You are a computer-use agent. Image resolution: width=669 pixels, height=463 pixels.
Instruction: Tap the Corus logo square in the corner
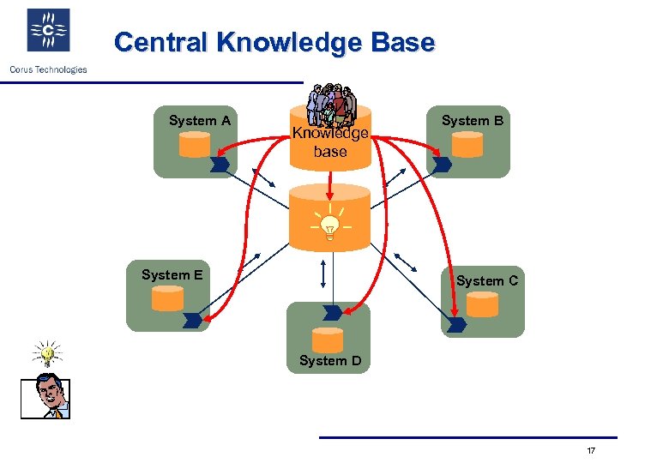(x=48, y=32)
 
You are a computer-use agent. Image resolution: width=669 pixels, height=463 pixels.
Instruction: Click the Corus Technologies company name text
(x=48, y=69)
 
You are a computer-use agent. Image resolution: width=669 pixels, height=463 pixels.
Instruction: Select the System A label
(x=200, y=121)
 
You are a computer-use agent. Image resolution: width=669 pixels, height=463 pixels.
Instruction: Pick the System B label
(x=472, y=121)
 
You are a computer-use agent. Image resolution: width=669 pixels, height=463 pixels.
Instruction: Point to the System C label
(x=486, y=280)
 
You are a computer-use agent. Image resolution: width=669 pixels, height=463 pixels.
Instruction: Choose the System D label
(x=330, y=361)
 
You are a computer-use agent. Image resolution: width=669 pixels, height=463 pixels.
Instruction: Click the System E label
(x=172, y=275)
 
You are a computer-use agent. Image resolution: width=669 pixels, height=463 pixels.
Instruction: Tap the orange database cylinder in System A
(x=194, y=145)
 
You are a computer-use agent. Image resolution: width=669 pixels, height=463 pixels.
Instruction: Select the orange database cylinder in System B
(x=467, y=145)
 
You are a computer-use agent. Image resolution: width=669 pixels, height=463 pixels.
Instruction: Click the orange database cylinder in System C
(x=482, y=304)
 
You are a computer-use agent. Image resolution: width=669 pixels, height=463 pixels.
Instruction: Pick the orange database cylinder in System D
(x=328, y=340)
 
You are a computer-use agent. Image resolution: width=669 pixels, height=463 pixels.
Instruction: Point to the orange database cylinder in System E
(x=167, y=298)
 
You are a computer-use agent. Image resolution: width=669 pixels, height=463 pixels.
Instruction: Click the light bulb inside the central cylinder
(x=328, y=225)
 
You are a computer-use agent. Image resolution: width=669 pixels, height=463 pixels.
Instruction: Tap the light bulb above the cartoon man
(x=48, y=352)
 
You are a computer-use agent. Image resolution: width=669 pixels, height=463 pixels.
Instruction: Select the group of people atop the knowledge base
(x=331, y=105)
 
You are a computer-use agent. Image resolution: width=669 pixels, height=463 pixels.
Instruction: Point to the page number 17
(x=591, y=451)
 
